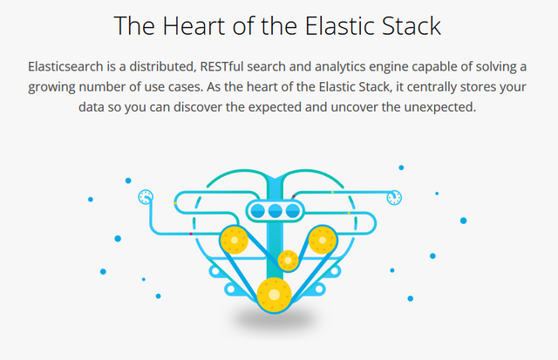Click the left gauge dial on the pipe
[145, 197]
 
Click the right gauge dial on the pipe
[395, 197]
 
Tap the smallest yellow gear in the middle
[289, 260]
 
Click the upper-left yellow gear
[233, 239]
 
